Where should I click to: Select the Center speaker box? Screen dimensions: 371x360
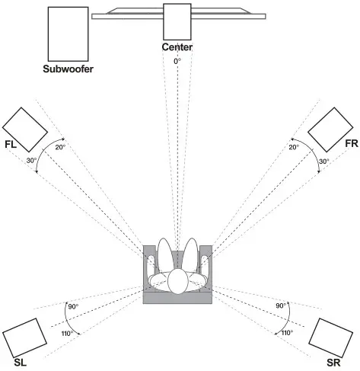[177, 21]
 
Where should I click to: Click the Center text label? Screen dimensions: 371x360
[177, 47]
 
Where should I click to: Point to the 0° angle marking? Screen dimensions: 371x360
[177, 59]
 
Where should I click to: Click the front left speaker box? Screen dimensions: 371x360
[25, 127]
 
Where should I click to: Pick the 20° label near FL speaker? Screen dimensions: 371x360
[61, 148]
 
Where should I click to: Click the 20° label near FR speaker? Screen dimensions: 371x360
[295, 148]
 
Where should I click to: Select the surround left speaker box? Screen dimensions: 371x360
[25, 336]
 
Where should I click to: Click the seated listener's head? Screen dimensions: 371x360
[178, 281]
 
